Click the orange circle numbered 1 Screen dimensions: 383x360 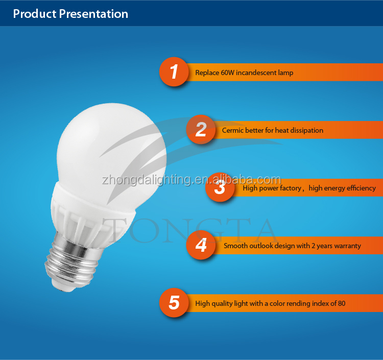pos(174,72)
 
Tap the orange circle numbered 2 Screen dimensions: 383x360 pos(201,129)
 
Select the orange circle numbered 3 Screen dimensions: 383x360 pos(220,187)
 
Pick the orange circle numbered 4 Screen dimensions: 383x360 pos(201,245)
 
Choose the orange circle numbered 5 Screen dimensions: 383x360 pos(174,303)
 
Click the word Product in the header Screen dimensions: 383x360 pos(35,14)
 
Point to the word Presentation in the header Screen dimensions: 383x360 pos(93,14)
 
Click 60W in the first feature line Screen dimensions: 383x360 pos(228,73)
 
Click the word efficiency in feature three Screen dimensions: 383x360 pos(361,188)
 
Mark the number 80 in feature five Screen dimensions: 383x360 pos(342,303)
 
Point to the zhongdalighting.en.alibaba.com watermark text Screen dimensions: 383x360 pos(192,180)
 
